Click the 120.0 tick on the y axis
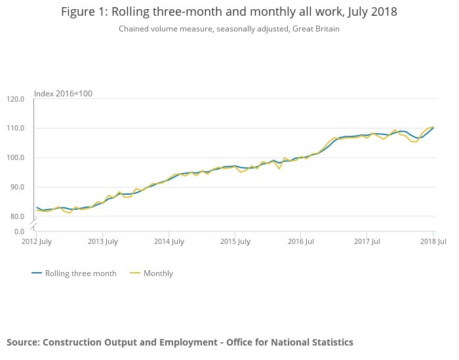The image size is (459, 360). point(16,99)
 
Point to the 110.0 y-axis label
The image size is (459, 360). point(16,128)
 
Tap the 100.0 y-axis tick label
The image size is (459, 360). point(16,157)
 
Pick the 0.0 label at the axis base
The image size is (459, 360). point(19,231)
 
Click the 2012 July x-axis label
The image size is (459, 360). point(36,242)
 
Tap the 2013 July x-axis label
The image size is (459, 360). point(102,242)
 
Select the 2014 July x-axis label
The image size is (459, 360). point(169,242)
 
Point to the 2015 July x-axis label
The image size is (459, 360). point(235,242)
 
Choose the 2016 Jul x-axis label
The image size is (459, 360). point(301,242)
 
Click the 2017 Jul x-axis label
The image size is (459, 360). point(367,242)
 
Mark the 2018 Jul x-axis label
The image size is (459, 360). point(433,242)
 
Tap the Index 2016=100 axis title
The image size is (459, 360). point(63,93)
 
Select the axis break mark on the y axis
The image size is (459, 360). point(34,224)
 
